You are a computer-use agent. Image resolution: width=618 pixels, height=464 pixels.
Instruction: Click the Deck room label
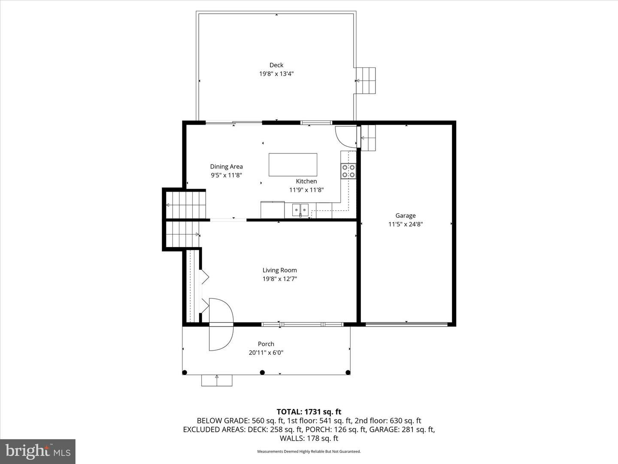pyautogui.click(x=276, y=65)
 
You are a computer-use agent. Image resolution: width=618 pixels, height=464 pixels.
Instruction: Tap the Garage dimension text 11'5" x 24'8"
pyautogui.click(x=406, y=224)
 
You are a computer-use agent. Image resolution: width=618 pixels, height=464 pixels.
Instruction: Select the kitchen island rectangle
pyautogui.click(x=293, y=165)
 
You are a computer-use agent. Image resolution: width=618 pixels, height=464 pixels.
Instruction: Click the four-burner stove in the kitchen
pyautogui.click(x=348, y=171)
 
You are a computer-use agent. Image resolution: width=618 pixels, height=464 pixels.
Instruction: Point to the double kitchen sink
pyautogui.click(x=300, y=210)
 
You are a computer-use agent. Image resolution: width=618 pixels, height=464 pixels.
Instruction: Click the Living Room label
pyautogui.click(x=279, y=270)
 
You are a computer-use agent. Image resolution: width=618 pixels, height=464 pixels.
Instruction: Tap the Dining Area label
pyautogui.click(x=226, y=167)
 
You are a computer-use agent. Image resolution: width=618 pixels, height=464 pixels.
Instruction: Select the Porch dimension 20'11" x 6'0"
pyautogui.click(x=266, y=353)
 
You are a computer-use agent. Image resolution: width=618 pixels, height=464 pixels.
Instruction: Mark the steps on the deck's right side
pyautogui.click(x=365, y=80)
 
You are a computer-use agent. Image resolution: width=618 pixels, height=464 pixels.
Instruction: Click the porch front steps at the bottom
pyautogui.click(x=217, y=380)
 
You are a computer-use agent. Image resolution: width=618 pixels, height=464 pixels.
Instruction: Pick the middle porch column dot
pyautogui.click(x=262, y=372)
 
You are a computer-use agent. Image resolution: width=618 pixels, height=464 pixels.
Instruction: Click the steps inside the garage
pyautogui.click(x=368, y=138)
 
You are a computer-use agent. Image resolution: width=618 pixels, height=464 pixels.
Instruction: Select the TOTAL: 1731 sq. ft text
pyautogui.click(x=309, y=412)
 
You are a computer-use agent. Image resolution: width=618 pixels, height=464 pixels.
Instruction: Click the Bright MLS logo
pyautogui.click(x=38, y=451)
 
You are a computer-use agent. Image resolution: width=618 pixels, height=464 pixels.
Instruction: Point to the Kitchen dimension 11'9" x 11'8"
pyautogui.click(x=306, y=190)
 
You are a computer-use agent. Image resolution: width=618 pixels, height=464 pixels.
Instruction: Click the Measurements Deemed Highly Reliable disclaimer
pyautogui.click(x=309, y=452)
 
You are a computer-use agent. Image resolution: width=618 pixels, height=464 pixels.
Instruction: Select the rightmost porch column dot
pyautogui.click(x=348, y=372)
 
